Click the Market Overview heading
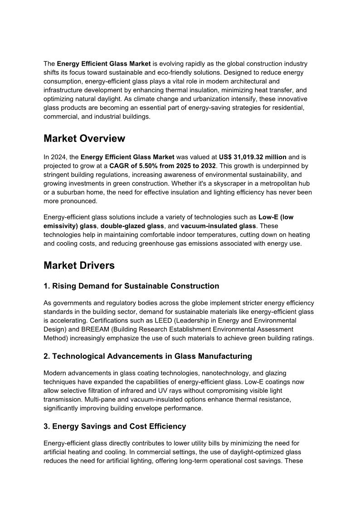[x=84, y=138]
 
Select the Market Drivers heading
[x=79, y=265]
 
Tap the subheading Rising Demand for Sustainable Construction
[x=131, y=286]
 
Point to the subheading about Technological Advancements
[x=147, y=356]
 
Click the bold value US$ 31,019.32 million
[x=253, y=157]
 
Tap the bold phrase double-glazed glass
[x=138, y=226]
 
